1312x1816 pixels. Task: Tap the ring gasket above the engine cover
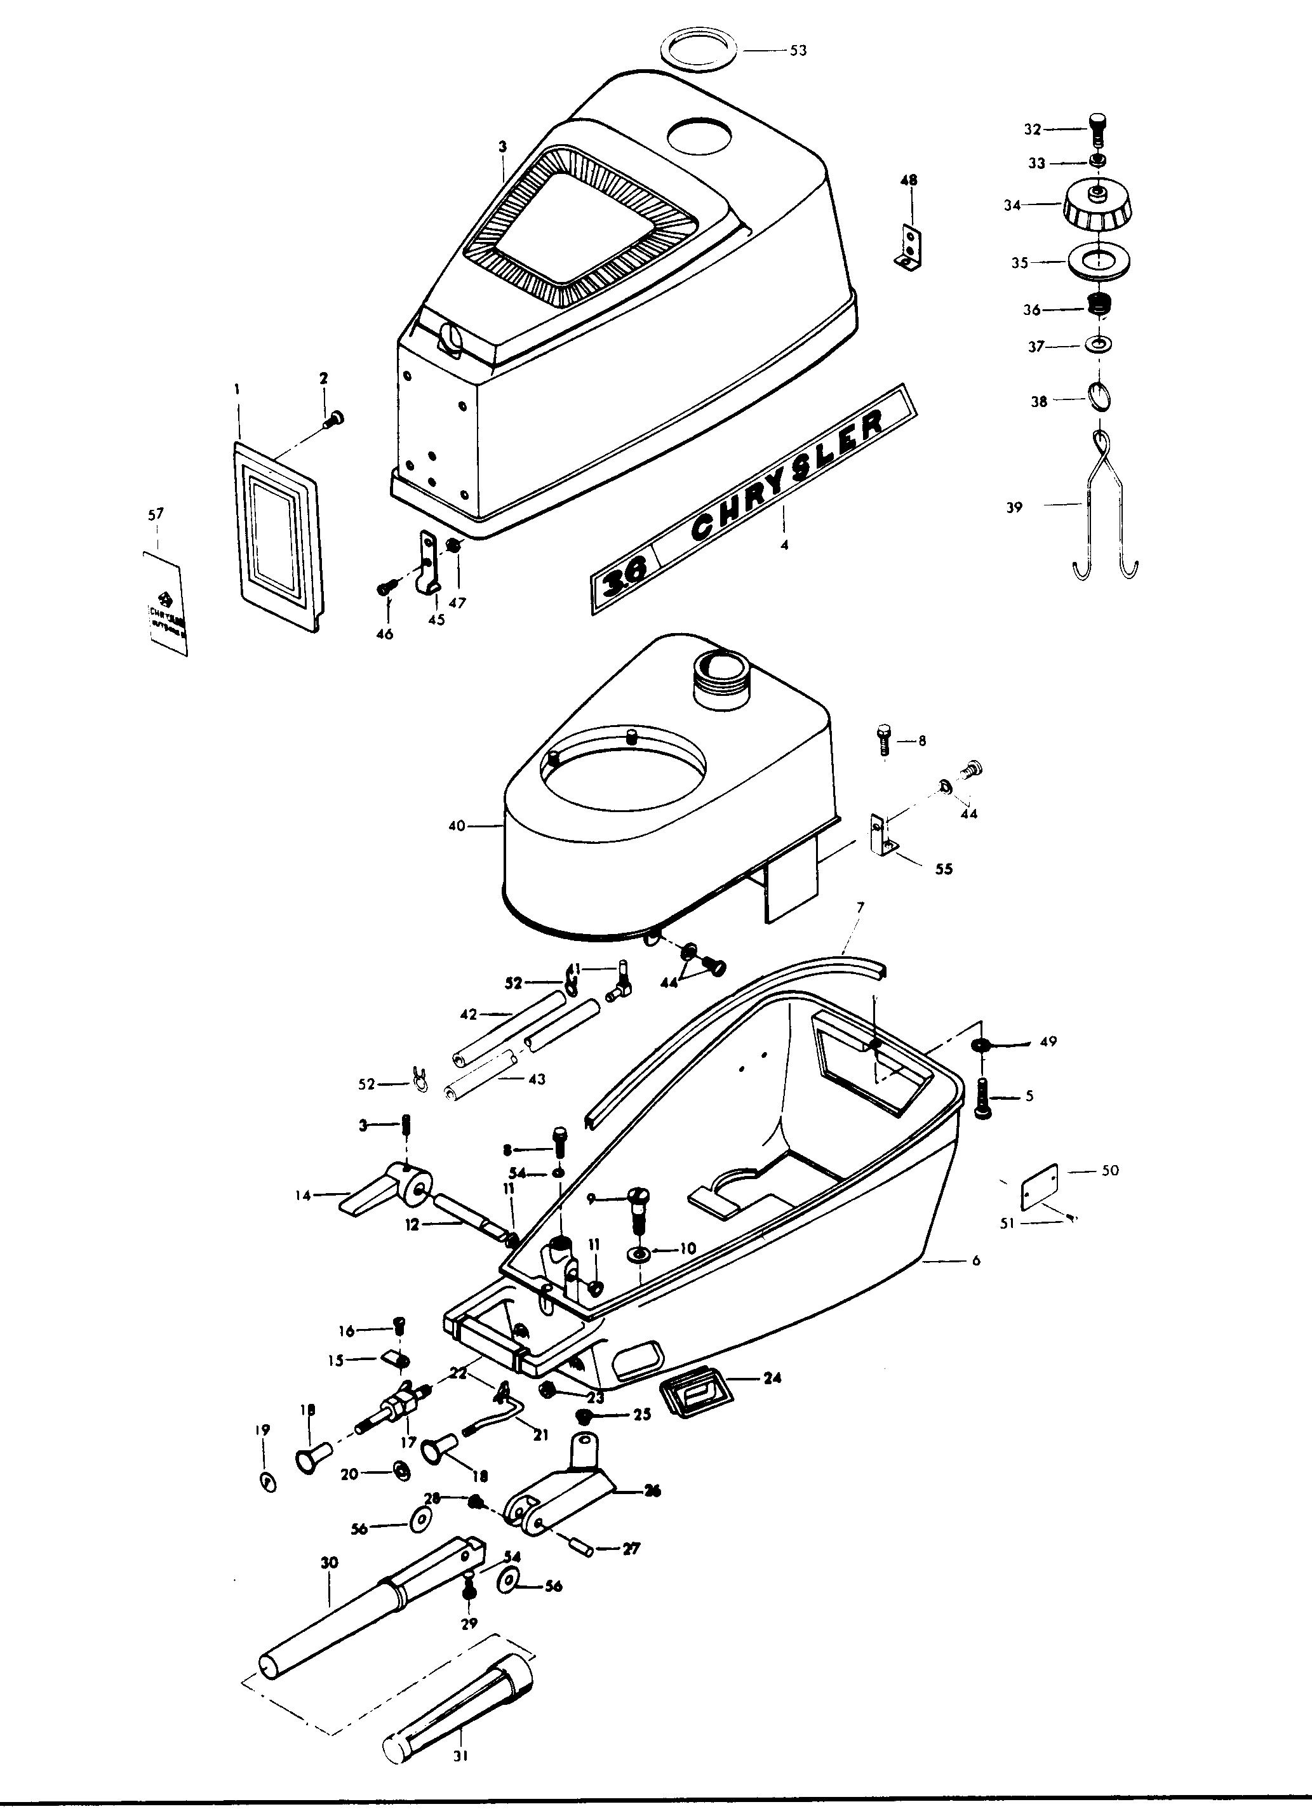pos(699,55)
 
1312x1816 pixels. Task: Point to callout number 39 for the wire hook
pos(1014,507)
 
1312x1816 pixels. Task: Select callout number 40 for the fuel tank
pos(457,825)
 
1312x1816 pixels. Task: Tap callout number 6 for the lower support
pos(975,1260)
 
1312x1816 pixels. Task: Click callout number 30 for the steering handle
pos(329,1562)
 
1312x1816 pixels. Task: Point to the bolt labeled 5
pos(984,1097)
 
